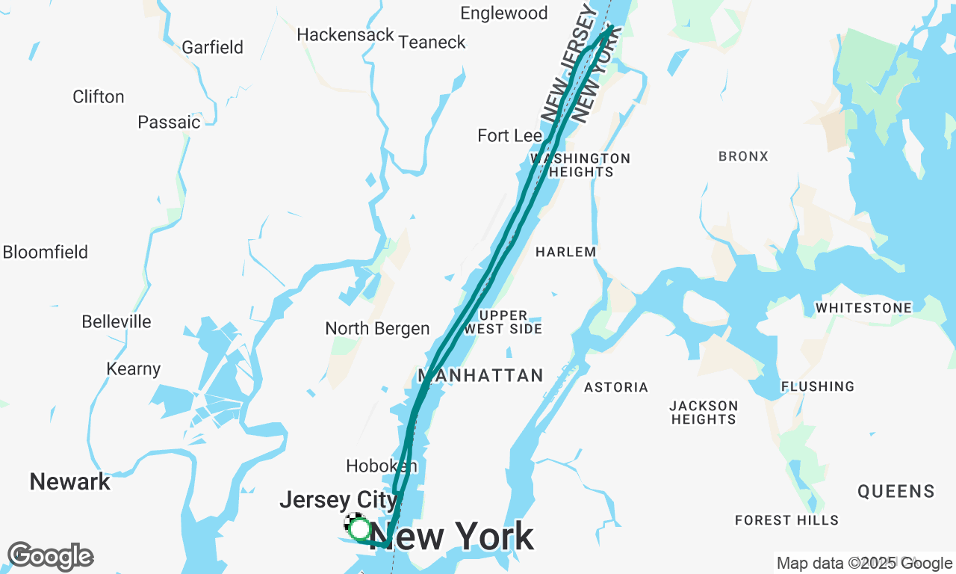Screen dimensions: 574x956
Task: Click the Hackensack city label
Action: (345, 35)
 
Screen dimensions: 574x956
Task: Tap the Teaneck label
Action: (432, 43)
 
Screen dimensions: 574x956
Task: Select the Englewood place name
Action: (503, 13)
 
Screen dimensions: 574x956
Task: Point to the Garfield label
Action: (213, 48)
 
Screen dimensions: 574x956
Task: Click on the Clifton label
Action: (99, 97)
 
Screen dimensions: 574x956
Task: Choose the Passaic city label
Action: (169, 123)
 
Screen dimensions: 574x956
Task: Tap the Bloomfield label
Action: (46, 253)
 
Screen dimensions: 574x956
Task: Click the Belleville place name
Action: (117, 322)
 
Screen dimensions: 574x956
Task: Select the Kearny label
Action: (134, 369)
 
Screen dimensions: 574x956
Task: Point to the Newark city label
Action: (70, 482)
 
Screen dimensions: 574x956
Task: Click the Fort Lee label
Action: (509, 136)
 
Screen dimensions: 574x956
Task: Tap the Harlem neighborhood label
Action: (566, 253)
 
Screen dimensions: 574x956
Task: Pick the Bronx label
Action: (743, 157)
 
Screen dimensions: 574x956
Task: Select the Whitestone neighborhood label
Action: (863, 308)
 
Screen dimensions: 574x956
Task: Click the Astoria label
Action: (616, 387)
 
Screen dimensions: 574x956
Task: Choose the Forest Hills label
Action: (786, 520)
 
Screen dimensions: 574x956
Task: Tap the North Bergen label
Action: (377, 329)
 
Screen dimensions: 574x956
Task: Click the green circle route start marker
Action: (360, 529)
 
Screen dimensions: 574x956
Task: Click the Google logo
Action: (50, 557)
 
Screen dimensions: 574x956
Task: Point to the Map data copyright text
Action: (864, 564)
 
